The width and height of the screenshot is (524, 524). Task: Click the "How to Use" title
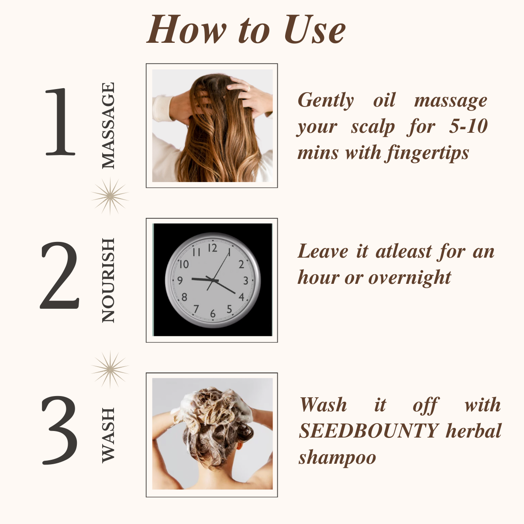tap(246, 30)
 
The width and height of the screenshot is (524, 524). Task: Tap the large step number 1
tap(60, 122)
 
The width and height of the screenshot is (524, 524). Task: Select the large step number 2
tap(60, 276)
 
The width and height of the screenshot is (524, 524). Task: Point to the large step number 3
tap(60, 431)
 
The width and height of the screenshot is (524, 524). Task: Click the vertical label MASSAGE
tap(108, 126)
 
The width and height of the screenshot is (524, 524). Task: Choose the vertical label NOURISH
tap(108, 280)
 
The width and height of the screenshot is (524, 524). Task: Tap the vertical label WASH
tap(108, 435)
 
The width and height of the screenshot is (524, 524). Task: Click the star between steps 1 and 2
tap(110, 196)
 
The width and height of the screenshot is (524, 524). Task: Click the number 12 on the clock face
tap(212, 248)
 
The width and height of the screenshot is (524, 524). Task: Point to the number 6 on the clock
tap(213, 314)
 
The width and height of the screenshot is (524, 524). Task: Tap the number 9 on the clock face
tap(180, 281)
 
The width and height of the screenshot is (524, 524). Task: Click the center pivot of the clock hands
tap(212, 279)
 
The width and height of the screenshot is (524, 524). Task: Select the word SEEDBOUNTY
tap(369, 431)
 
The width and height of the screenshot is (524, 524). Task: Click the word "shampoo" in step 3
tap(337, 458)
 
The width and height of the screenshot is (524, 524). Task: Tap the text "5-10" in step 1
tap(468, 126)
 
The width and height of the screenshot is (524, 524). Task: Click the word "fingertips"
tap(427, 153)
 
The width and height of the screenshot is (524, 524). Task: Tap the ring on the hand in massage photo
tap(249, 88)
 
